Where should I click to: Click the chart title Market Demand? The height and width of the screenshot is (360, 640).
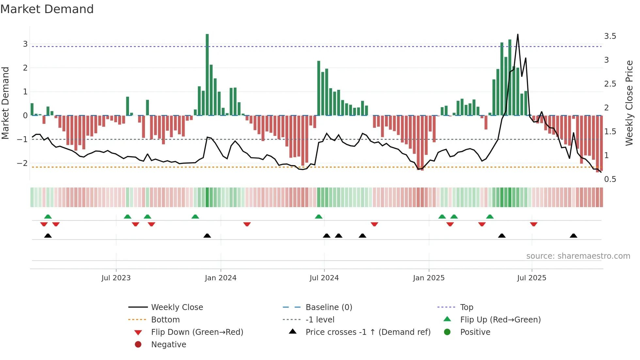pyautogui.click(x=47, y=9)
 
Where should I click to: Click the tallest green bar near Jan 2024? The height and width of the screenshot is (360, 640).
pyautogui.click(x=207, y=74)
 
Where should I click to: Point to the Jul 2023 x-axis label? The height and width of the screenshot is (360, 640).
pyautogui.click(x=116, y=278)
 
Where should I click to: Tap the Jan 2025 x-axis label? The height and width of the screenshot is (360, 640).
pyautogui.click(x=428, y=278)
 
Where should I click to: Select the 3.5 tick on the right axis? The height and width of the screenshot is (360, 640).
pyautogui.click(x=610, y=36)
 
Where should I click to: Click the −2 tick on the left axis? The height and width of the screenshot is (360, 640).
pyautogui.click(x=23, y=163)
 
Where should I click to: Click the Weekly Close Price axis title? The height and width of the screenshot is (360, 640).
pyautogui.click(x=629, y=103)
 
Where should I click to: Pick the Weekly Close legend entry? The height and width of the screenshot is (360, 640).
pyautogui.click(x=177, y=307)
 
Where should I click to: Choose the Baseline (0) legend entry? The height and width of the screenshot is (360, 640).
pyautogui.click(x=328, y=307)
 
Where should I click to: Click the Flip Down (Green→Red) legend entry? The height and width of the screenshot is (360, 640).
pyautogui.click(x=197, y=332)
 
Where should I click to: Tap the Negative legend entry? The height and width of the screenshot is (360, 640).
pyautogui.click(x=168, y=345)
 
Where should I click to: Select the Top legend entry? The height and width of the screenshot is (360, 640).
pyautogui.click(x=466, y=307)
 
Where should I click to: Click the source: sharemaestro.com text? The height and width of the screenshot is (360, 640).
pyautogui.click(x=578, y=256)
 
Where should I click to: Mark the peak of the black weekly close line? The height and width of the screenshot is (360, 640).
pyautogui.click(x=518, y=35)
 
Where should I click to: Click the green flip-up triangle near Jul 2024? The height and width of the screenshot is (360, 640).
pyautogui.click(x=319, y=217)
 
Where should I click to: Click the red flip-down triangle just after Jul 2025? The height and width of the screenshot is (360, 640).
pyautogui.click(x=534, y=224)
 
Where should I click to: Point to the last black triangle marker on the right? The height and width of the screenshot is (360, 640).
pyautogui.click(x=573, y=236)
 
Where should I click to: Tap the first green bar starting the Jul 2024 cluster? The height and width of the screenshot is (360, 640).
pyautogui.click(x=319, y=88)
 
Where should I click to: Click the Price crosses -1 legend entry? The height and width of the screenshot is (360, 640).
pyautogui.click(x=368, y=332)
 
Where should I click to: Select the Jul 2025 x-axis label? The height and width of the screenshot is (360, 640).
pyautogui.click(x=532, y=278)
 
